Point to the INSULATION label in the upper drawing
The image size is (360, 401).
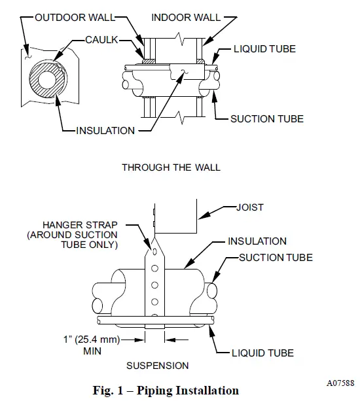coord(105,130)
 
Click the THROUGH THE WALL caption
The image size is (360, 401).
coord(171,167)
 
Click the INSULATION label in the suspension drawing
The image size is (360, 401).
coord(257,241)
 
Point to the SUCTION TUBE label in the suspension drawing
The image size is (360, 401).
coord(275,258)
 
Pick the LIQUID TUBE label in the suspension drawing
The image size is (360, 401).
coord(262,353)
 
